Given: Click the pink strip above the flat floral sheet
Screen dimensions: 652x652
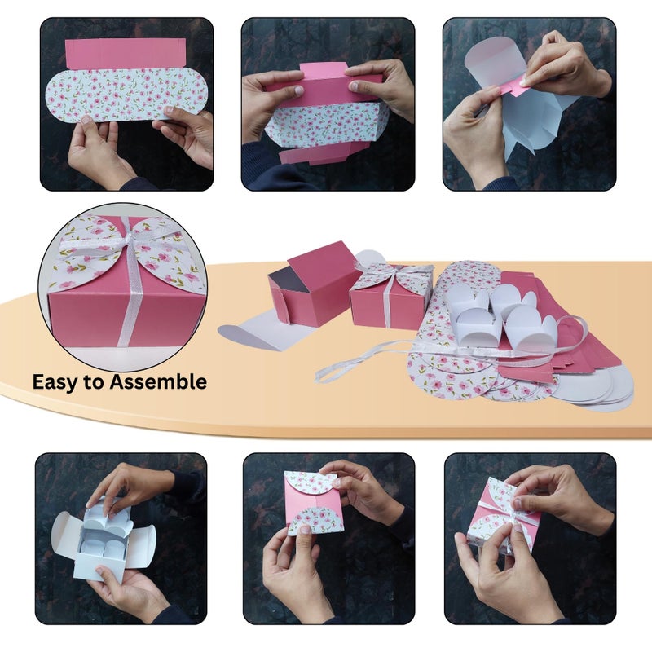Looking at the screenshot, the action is pyautogui.click(x=126, y=53).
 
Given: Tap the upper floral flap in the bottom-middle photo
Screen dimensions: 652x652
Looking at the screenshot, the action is pyautogui.click(x=311, y=482).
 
